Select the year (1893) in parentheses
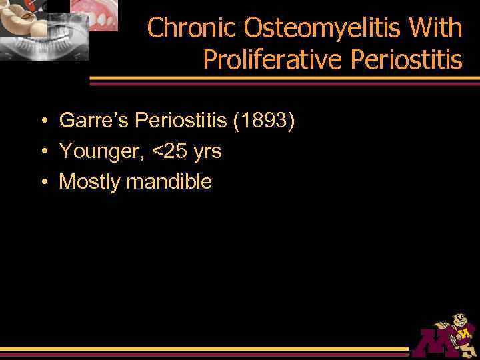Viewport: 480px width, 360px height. (x=263, y=121)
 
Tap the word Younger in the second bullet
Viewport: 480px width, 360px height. (x=100, y=151)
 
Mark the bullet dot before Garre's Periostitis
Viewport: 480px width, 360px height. (x=42, y=121)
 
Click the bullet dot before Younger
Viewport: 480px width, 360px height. (x=42, y=152)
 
